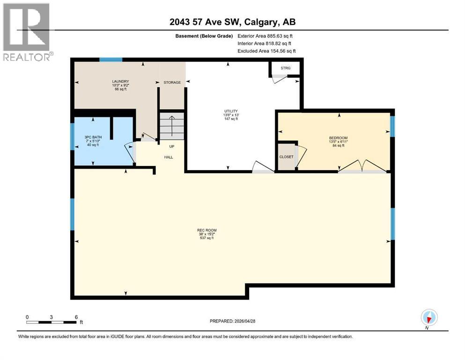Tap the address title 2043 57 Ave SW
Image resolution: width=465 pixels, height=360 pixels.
(x=232, y=22)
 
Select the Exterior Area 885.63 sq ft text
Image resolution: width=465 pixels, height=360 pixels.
(x=266, y=36)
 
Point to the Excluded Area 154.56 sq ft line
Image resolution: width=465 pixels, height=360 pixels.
(x=266, y=51)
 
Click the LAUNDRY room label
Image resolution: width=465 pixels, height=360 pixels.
(x=120, y=81)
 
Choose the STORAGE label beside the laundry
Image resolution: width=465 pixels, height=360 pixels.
(x=172, y=82)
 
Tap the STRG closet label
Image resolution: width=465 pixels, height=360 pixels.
(x=285, y=68)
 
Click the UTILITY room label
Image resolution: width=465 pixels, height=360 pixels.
(x=230, y=112)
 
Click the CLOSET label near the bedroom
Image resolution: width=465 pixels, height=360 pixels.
(x=286, y=157)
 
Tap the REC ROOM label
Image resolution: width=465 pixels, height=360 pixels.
(x=207, y=230)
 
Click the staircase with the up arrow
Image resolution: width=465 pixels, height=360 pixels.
(x=171, y=126)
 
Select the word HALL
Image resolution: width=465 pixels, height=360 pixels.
(x=169, y=157)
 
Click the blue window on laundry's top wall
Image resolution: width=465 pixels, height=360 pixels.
(x=111, y=60)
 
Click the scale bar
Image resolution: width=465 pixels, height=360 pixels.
(x=52, y=322)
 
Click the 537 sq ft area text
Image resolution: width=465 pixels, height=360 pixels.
(x=207, y=238)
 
